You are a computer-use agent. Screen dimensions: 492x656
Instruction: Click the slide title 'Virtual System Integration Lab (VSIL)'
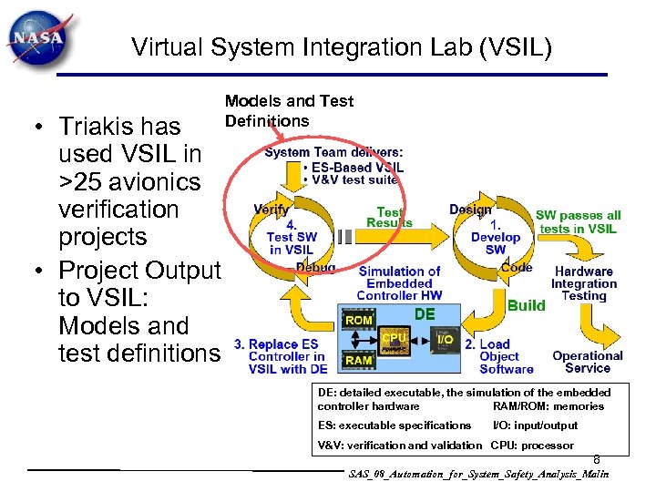click(x=342, y=46)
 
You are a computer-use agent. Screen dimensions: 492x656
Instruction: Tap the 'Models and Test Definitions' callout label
click(x=289, y=111)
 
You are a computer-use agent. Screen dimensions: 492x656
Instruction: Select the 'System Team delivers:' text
click(x=333, y=152)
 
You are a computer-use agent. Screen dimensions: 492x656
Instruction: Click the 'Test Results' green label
click(x=389, y=218)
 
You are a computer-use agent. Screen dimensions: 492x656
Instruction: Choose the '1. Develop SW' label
click(x=496, y=237)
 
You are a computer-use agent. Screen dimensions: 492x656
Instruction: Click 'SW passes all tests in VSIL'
click(x=578, y=222)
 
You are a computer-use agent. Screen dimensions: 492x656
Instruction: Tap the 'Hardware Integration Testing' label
click(x=584, y=283)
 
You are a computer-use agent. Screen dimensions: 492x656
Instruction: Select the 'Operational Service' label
click(x=587, y=362)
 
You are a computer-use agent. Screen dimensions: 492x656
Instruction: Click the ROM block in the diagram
click(x=358, y=321)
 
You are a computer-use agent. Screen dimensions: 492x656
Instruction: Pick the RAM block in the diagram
click(x=358, y=360)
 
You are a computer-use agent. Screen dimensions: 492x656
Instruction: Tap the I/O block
click(x=445, y=340)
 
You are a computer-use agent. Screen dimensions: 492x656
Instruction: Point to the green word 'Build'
click(x=527, y=305)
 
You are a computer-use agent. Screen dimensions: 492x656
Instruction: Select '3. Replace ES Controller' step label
click(x=280, y=356)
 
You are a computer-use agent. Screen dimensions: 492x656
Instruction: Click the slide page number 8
click(x=597, y=460)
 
